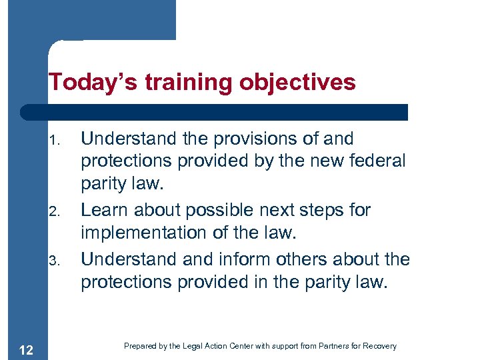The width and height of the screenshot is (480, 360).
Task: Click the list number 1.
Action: [x=55, y=141]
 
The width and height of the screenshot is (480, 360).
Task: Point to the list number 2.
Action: [x=55, y=212]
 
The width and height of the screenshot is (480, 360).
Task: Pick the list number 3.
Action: [x=55, y=260]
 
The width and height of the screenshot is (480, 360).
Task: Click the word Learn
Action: [x=105, y=210]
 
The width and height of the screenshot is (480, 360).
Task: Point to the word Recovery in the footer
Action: [x=381, y=346]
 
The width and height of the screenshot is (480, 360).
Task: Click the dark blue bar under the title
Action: [x=213, y=111]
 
